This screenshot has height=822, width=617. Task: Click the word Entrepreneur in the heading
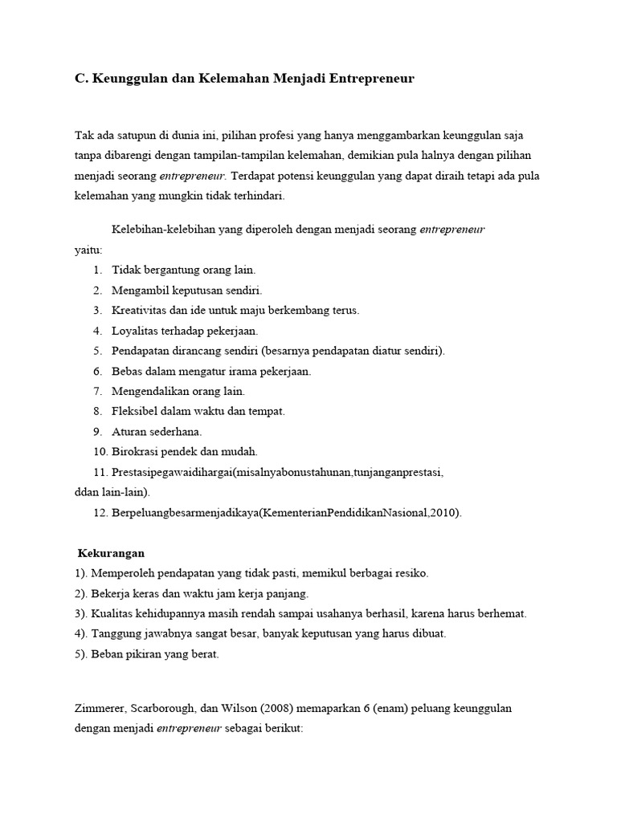coord(375,79)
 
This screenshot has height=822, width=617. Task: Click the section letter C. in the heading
coord(81,79)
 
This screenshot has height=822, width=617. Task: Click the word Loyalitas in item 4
coord(134,330)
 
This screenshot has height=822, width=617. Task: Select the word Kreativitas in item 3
coord(139,310)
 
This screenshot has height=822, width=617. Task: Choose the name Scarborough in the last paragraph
coord(170,709)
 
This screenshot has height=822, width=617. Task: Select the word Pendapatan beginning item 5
coord(139,351)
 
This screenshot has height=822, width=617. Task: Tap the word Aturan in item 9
coord(128,431)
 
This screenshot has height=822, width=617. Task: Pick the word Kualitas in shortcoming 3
coord(112,613)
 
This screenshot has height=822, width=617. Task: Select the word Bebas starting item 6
coord(126,371)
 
